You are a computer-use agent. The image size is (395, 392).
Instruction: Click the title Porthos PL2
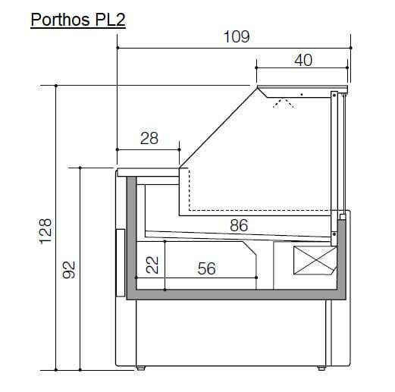point(78,20)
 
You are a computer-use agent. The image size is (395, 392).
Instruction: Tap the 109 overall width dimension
point(237,36)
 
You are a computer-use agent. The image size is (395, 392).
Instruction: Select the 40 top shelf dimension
point(303,60)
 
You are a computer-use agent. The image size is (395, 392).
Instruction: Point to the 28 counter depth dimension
point(149,138)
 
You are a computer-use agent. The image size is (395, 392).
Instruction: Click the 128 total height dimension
point(45,231)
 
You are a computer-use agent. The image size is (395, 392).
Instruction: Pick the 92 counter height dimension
point(69,270)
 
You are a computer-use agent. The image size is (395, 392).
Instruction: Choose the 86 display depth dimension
point(239,225)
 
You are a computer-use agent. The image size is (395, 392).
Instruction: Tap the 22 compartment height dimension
point(152,265)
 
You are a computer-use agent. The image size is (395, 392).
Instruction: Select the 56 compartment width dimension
point(206,268)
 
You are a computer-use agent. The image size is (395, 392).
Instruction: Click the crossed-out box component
point(315,261)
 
